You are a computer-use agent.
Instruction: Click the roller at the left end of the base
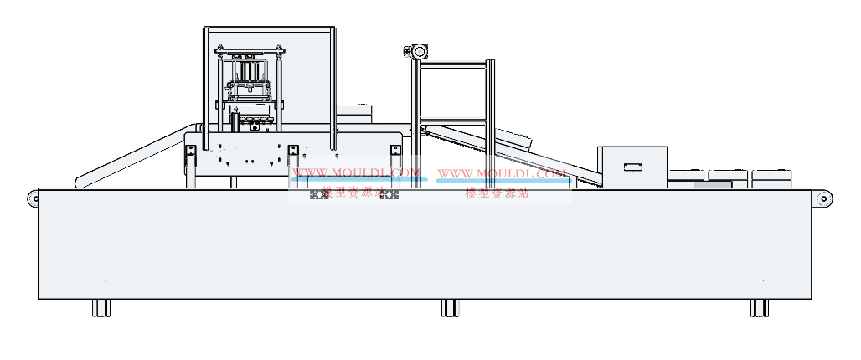pyautogui.click(x=33, y=198)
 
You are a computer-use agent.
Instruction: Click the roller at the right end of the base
pyautogui.click(x=825, y=198)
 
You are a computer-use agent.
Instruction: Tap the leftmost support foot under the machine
pyautogui.click(x=101, y=308)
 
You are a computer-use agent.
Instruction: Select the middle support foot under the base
pyautogui.click(x=449, y=308)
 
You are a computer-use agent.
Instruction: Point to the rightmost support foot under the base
pyautogui.click(x=760, y=308)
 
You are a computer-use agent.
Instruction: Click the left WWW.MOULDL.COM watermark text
pyautogui.click(x=355, y=174)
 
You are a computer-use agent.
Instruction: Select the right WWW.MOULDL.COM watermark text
pyautogui.click(x=501, y=174)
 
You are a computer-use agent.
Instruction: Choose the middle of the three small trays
pyautogui.click(x=729, y=175)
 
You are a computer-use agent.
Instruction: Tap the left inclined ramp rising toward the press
pyautogui.click(x=134, y=155)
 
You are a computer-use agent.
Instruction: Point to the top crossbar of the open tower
pyautogui.click(x=452, y=63)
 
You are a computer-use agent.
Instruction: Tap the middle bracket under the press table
pyautogui.click(x=292, y=157)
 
